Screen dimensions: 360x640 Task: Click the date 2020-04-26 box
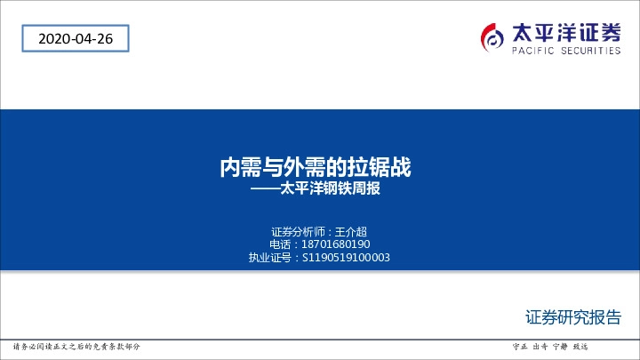pyautogui.click(x=73, y=39)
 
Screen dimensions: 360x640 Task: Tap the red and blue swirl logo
pyautogui.click(x=492, y=36)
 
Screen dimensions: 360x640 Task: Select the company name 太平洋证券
pyautogui.click(x=566, y=33)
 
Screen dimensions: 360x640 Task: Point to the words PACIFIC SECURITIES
pyautogui.click(x=566, y=52)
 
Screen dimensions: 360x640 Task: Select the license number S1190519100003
pyautogui.click(x=347, y=258)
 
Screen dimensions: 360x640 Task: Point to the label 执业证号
pyautogui.click(x=269, y=258)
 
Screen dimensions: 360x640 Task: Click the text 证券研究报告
pyautogui.click(x=573, y=317)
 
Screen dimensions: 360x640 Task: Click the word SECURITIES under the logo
pyautogui.click(x=588, y=52)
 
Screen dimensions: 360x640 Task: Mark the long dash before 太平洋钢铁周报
pyautogui.click(x=264, y=188)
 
